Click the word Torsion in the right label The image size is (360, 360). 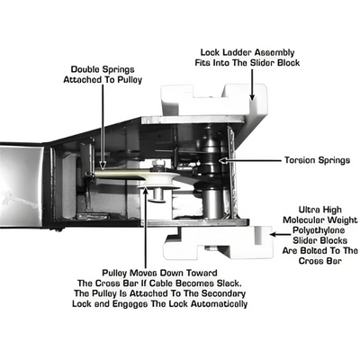[x=300, y=160]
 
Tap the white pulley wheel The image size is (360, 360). [x=159, y=182]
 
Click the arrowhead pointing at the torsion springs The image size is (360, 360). [x=223, y=160]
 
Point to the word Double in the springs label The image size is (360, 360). [x=85, y=69]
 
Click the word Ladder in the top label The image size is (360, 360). [x=236, y=52]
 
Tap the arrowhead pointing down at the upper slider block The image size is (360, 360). [x=252, y=96]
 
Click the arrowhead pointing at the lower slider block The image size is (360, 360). [x=273, y=234]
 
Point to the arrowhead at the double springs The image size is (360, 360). [x=103, y=166]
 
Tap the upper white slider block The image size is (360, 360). [x=213, y=100]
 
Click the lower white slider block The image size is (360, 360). [x=219, y=243]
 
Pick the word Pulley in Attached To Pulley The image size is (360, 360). [x=129, y=80]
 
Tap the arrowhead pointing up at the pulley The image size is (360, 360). [x=146, y=190]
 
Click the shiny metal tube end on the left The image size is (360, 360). [x=21, y=184]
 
